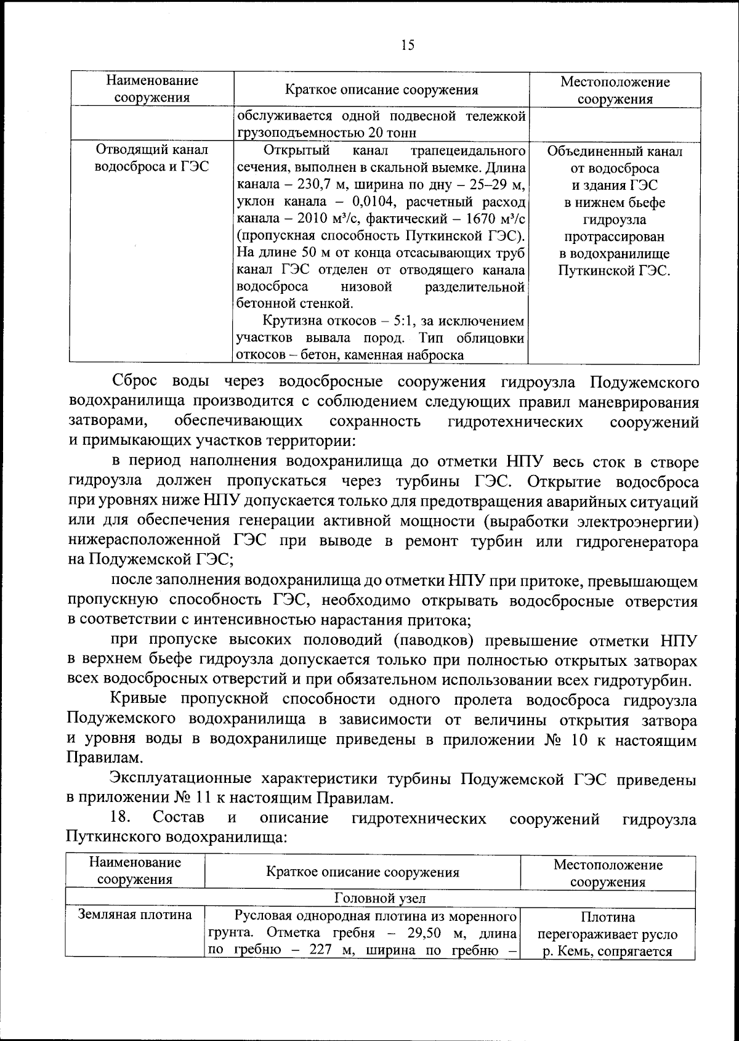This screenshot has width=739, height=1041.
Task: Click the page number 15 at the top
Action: (407, 45)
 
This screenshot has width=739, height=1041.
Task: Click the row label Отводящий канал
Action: (152, 150)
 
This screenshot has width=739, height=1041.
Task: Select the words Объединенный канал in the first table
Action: (614, 152)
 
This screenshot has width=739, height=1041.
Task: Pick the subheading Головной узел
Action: (379, 899)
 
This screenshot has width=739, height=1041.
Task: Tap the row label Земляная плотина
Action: (135, 915)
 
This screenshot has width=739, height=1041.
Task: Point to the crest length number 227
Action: (322, 949)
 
